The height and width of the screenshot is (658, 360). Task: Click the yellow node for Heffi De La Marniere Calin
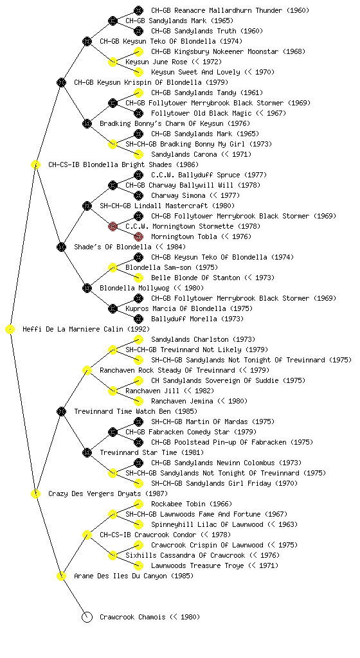(10, 330)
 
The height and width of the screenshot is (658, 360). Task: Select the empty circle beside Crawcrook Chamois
(87, 617)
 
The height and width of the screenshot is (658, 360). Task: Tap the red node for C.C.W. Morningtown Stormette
(113, 227)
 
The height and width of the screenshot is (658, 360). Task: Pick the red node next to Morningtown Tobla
(138, 236)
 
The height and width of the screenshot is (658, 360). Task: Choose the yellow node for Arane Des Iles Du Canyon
(61, 576)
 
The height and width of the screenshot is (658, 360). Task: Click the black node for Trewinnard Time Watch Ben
(61, 411)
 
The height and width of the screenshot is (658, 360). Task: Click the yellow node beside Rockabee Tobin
(138, 504)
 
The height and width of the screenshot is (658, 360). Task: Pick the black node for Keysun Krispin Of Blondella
(61, 82)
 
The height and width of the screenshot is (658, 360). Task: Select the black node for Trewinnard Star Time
(87, 452)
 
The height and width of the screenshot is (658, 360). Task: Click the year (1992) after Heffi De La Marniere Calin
(138, 329)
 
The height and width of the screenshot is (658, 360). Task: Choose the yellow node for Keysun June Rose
(113, 62)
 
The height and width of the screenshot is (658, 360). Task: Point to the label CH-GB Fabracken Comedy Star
(177, 432)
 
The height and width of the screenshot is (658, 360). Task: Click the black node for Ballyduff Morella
(138, 319)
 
